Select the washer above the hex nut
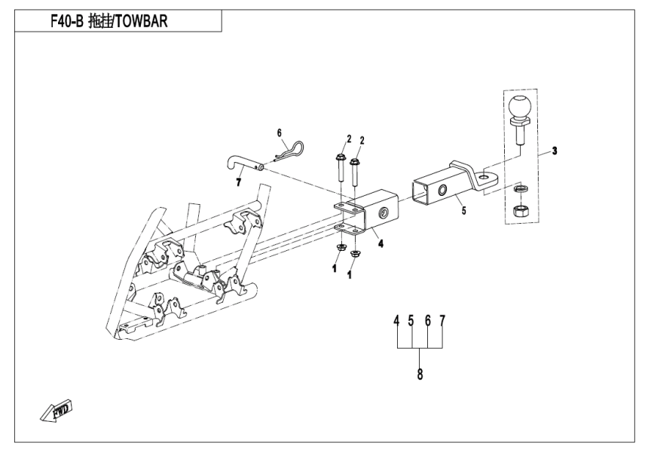tap(520, 188)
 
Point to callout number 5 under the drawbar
tap(463, 212)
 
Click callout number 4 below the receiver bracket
tap(381, 243)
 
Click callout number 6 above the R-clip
tap(279, 133)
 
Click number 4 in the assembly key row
tap(396, 321)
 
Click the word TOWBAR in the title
tap(136, 21)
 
